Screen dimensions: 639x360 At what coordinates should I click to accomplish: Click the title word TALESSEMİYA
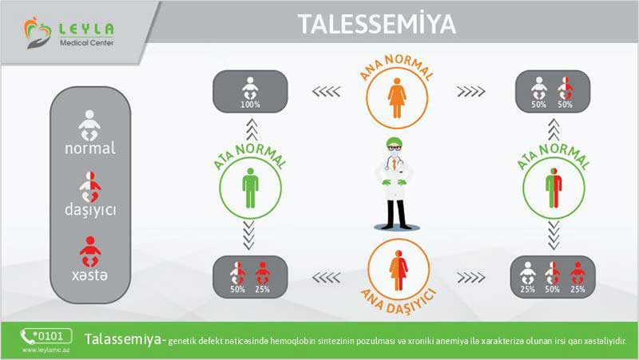coord(376,24)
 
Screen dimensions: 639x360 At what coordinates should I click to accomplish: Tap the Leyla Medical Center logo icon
coord(38,32)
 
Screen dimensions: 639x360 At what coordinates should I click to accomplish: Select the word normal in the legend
coord(90,148)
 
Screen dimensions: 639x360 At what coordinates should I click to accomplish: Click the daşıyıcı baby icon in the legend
coord(90,187)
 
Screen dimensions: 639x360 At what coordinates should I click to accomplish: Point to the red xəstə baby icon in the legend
coord(90,251)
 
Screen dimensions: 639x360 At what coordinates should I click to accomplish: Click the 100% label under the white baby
coord(250,105)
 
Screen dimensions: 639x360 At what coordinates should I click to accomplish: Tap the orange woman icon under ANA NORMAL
coord(397,98)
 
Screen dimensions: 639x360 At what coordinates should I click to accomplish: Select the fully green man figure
coord(250,188)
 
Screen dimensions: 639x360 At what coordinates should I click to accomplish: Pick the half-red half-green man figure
coord(554,188)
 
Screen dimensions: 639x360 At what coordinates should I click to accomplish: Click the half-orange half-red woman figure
coord(398,271)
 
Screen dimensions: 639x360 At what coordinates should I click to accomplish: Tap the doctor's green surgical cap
coord(394,142)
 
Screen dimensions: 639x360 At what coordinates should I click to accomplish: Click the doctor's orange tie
coord(394,164)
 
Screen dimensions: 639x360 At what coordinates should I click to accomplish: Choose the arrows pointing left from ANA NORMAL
coord(326,92)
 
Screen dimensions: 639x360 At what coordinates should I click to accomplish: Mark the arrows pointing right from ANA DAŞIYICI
coord(471,278)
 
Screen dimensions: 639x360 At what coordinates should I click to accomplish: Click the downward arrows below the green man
coord(248,235)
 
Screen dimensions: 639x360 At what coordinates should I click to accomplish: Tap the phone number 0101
coord(50,336)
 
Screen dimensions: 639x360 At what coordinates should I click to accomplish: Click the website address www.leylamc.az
coord(46,350)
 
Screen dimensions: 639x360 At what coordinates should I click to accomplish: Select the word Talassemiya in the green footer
coord(123,339)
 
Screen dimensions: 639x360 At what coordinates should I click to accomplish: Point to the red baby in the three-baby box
coord(577,273)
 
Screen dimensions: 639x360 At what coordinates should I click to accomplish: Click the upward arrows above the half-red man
coord(554,130)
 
